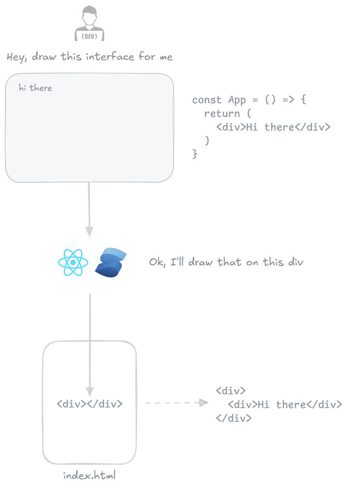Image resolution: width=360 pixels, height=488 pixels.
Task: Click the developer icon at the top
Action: click(89, 24)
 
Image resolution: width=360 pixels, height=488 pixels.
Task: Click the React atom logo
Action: click(73, 263)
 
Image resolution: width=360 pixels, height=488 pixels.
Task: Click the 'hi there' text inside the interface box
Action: click(35, 88)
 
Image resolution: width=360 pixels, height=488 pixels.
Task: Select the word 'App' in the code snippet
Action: click(237, 100)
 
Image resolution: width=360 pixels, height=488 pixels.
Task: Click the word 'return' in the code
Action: click(222, 114)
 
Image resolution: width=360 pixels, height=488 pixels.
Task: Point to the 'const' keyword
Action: click(207, 100)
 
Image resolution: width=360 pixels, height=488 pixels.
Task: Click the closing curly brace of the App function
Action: click(195, 154)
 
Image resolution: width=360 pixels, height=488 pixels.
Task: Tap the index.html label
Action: click(89, 475)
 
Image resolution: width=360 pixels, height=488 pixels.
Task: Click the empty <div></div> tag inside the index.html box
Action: click(89, 404)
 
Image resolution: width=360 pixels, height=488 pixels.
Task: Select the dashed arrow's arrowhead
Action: click(203, 403)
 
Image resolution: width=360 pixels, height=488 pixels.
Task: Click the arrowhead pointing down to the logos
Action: click(89, 231)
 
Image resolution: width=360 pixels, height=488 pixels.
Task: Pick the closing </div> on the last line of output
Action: click(233, 418)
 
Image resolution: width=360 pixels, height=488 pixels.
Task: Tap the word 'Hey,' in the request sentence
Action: click(17, 57)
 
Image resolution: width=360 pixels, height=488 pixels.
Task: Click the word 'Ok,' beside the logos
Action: click(157, 263)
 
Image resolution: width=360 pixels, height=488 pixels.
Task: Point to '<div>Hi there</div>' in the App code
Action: click(273, 127)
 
